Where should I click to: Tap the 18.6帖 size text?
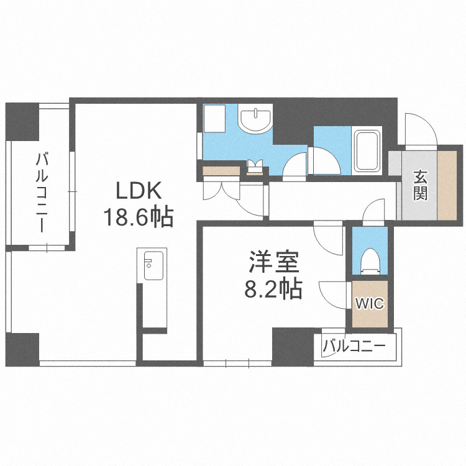[x=137, y=217]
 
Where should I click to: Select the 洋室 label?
[x=274, y=263]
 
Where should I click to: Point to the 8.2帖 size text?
[x=274, y=290]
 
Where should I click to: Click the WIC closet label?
[x=370, y=304]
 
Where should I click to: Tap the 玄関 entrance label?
[x=421, y=185]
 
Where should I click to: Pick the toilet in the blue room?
[x=370, y=261]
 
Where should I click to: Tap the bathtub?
[x=367, y=151]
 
